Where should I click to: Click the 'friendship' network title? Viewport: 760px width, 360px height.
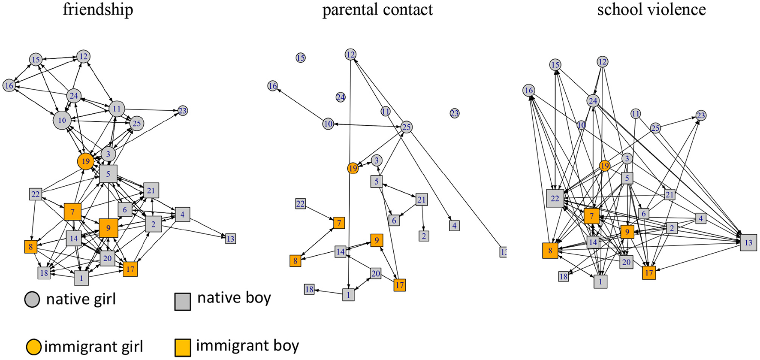98,9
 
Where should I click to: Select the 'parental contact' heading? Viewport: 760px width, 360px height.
377,9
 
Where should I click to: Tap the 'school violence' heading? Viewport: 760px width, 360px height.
651,9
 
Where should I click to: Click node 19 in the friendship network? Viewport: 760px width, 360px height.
86,161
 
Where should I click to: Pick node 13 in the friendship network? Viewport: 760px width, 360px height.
230,239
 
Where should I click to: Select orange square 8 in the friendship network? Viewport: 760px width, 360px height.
30,247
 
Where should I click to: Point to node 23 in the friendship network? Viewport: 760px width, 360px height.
183,111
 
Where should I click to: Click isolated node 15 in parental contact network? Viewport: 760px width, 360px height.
301,57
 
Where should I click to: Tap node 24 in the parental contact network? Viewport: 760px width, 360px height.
341,97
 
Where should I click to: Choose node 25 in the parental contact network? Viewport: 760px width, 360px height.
406,127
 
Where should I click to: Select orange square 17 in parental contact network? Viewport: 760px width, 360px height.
399,285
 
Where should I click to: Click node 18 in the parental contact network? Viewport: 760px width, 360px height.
309,290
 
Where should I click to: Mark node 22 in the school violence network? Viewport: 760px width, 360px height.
555,198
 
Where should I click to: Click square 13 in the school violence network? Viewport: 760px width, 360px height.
748,243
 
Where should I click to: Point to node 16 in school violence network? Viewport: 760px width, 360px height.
529,90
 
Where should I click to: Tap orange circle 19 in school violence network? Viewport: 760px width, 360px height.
604,166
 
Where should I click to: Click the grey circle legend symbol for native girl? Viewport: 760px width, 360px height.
32,299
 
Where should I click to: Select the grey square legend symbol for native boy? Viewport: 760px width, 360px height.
182,302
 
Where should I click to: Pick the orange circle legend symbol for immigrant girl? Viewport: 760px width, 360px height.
33,347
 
